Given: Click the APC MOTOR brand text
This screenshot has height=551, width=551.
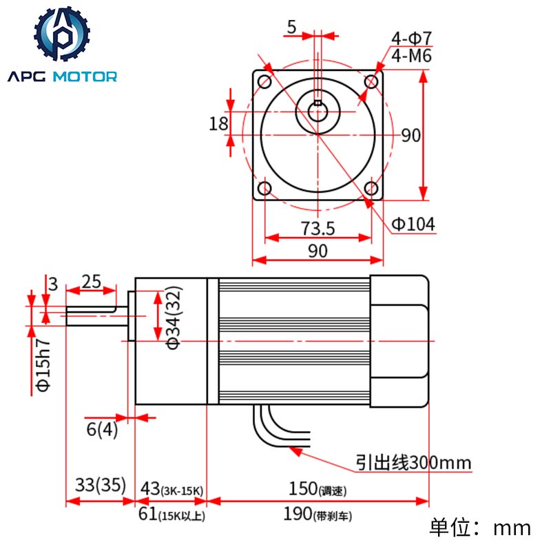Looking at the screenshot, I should coord(63,76).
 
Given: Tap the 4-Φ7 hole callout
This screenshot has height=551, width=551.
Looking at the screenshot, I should coord(411,38).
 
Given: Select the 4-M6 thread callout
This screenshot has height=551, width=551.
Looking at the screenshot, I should coord(411,56).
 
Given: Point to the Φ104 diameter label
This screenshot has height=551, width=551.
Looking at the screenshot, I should coord(413,224).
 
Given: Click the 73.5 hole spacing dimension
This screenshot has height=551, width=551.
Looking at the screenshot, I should coord(318,228).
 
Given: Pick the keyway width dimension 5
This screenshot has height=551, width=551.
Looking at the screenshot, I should coord(291,28).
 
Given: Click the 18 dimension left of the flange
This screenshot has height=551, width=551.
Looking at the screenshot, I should coord(218,123).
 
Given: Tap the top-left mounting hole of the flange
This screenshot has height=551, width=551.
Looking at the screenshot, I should coord(264,82).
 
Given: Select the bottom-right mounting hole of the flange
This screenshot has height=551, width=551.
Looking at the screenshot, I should coord(371,188).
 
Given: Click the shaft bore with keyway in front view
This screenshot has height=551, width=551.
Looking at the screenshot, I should coord(318,110).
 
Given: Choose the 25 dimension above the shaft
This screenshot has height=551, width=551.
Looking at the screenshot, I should coord(92,281).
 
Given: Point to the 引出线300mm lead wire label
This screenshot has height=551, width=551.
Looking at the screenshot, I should coord(413,462).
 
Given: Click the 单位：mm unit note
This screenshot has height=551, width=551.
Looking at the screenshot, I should coord(480,528).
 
